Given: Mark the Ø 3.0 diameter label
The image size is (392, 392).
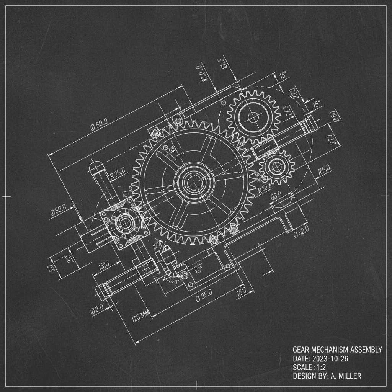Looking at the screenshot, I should tap(101, 307).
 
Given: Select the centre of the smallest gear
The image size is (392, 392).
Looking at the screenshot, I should tap(276, 166).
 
